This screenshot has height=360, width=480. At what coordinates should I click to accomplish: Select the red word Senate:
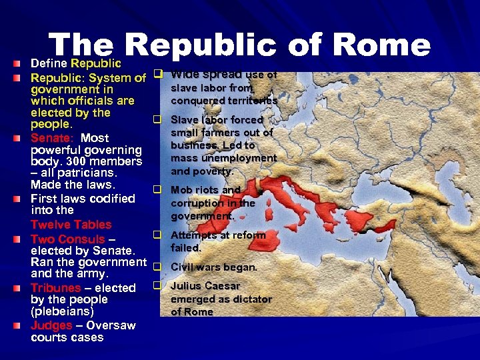pyautogui.click(x=52, y=138)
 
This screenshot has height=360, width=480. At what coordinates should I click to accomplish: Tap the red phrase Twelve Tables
pyautogui.click(x=71, y=225)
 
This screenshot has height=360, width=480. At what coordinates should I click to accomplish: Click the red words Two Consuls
pyautogui.click(x=68, y=239)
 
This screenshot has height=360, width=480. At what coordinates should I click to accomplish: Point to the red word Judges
pyautogui.click(x=51, y=325)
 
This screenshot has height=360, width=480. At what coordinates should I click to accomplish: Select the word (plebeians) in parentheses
pyautogui.click(x=62, y=311)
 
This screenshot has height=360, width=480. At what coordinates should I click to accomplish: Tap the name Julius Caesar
pyautogui.click(x=205, y=286)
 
